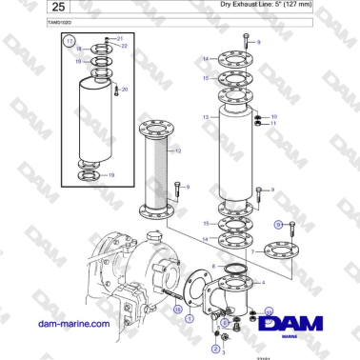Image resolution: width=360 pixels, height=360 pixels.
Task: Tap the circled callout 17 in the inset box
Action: click(x=68, y=43)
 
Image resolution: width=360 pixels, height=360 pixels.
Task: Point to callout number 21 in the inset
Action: click(x=120, y=38)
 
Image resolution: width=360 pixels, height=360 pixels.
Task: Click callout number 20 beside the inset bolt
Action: click(x=124, y=90)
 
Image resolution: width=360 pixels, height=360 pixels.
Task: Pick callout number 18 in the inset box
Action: click(x=78, y=49)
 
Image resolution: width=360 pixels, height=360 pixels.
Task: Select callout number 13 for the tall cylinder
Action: click(x=205, y=117)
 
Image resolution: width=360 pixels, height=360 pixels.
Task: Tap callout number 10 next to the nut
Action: click(x=273, y=116)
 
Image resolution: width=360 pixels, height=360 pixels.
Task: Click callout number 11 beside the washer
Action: click(x=273, y=124)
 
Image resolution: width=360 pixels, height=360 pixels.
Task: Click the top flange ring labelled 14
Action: click(x=231, y=58)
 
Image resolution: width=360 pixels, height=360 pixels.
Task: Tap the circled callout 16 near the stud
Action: click(x=176, y=310)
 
